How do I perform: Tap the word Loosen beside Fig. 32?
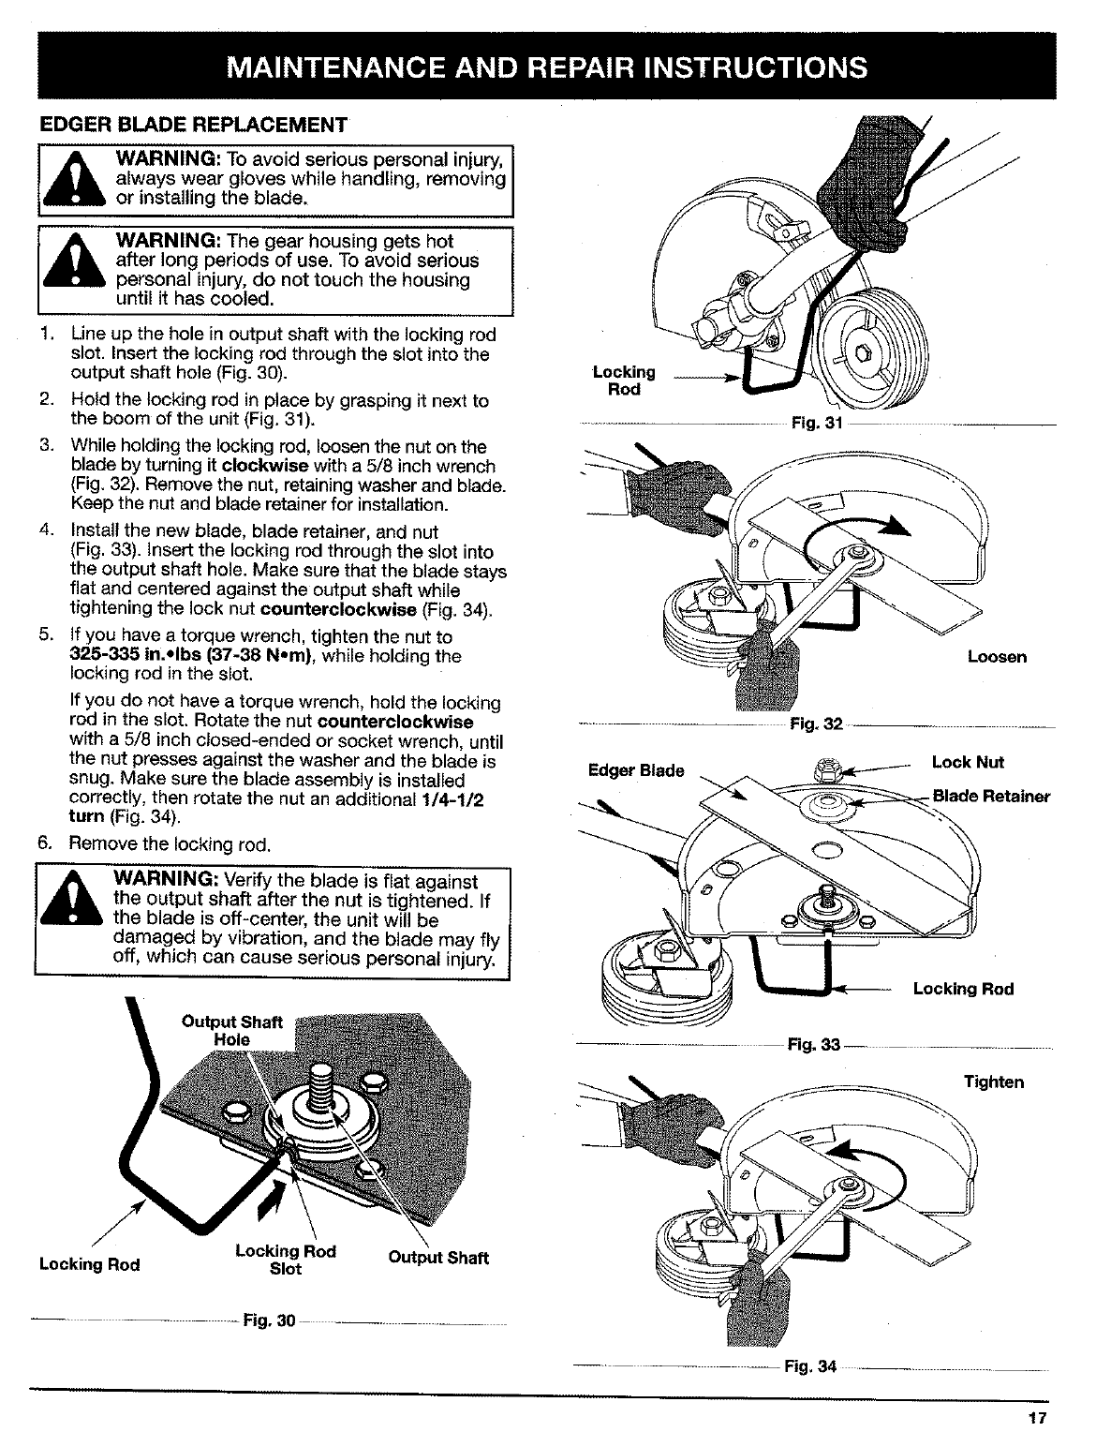point(997,657)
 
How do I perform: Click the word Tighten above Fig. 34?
point(994,1082)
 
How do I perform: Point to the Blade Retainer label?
point(991,797)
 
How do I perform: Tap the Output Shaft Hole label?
point(231,1031)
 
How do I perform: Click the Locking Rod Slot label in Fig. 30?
point(285,1260)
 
